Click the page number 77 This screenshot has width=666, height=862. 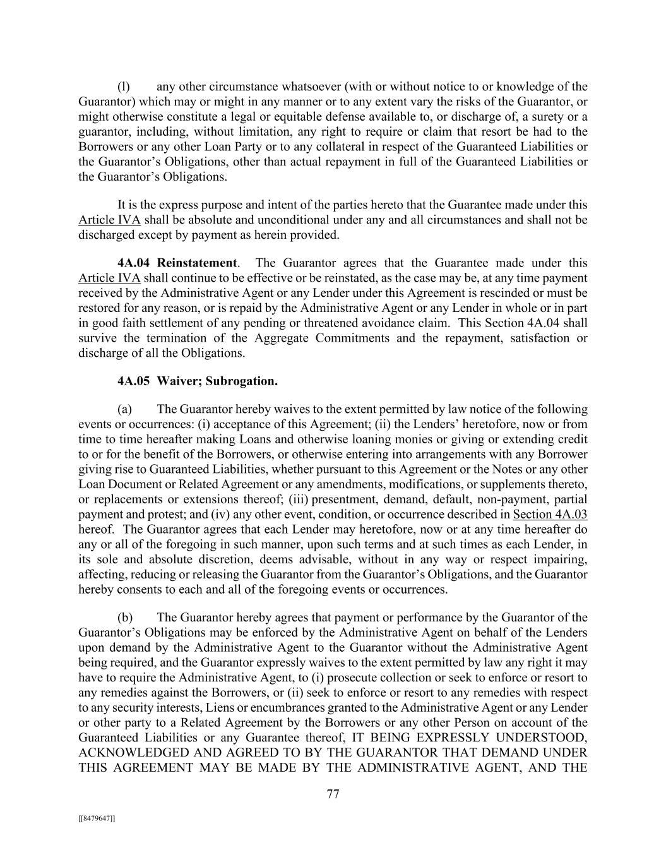coord(333,794)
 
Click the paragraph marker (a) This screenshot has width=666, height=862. coord(124,409)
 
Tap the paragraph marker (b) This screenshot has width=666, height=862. coord(124,618)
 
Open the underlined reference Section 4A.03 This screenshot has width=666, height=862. coord(550,514)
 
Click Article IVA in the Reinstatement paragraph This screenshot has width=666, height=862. coord(109,278)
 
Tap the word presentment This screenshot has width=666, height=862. coord(350,499)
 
